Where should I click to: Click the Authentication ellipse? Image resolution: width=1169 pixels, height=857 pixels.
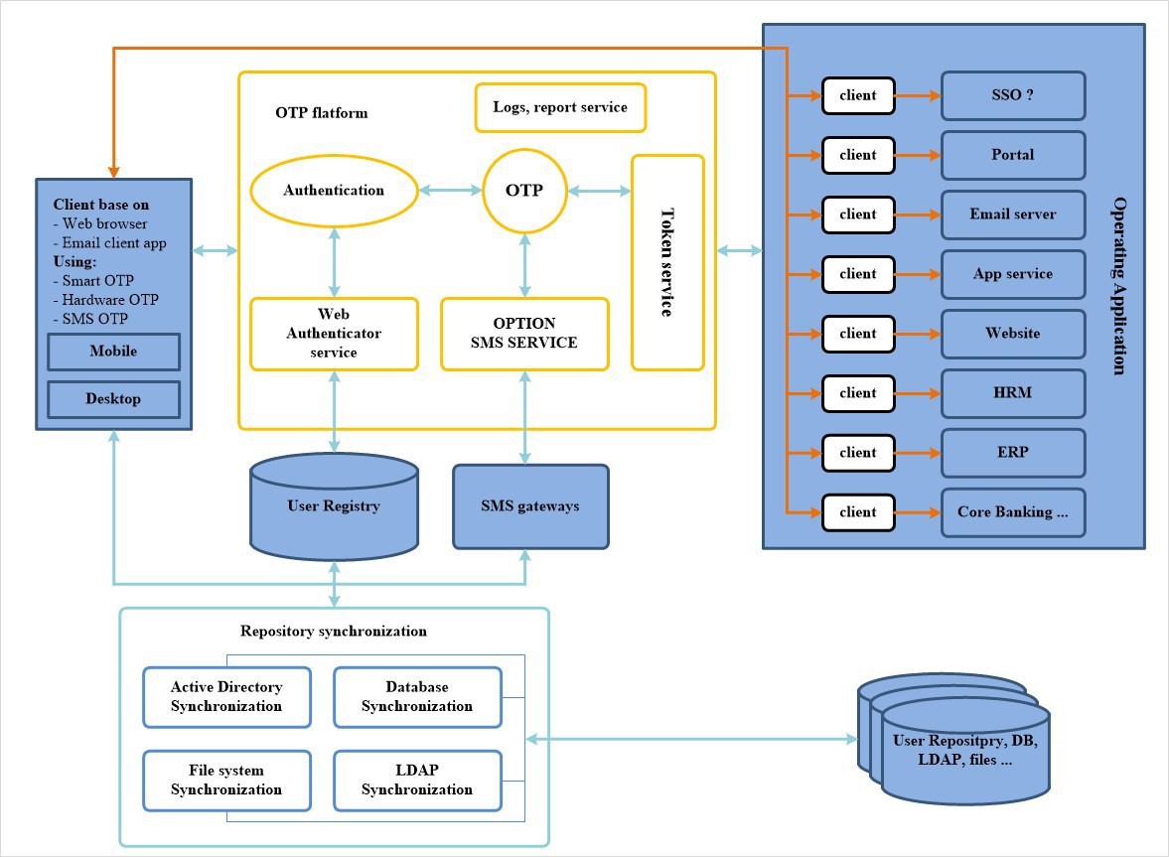[333, 190]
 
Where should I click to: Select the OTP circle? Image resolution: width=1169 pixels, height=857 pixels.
[523, 190]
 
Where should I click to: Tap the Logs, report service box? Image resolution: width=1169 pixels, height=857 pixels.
[560, 107]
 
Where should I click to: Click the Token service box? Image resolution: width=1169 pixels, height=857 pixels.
[667, 262]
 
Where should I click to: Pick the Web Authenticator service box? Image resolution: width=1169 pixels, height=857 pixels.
[335, 334]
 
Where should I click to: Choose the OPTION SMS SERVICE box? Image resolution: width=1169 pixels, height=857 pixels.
[524, 334]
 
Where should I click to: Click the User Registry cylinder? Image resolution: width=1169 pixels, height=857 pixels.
[334, 506]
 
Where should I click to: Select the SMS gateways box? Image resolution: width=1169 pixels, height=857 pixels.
[530, 506]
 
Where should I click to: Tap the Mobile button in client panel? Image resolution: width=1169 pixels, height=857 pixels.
[113, 352]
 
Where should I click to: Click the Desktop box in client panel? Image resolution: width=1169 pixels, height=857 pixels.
[113, 399]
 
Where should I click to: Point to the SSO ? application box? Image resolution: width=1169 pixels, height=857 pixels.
[1012, 95]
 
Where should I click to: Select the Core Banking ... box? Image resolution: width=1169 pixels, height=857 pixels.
[1012, 512]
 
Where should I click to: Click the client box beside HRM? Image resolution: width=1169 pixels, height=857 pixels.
[857, 393]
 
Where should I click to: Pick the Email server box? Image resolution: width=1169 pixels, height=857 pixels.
[1012, 214]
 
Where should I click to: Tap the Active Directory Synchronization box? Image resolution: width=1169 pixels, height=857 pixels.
[226, 696]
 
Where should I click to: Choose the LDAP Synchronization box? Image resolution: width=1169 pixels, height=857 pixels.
[416, 780]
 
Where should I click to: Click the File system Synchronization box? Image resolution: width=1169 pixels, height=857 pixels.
[226, 780]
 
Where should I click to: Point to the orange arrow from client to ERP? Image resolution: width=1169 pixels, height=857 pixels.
[917, 453]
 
